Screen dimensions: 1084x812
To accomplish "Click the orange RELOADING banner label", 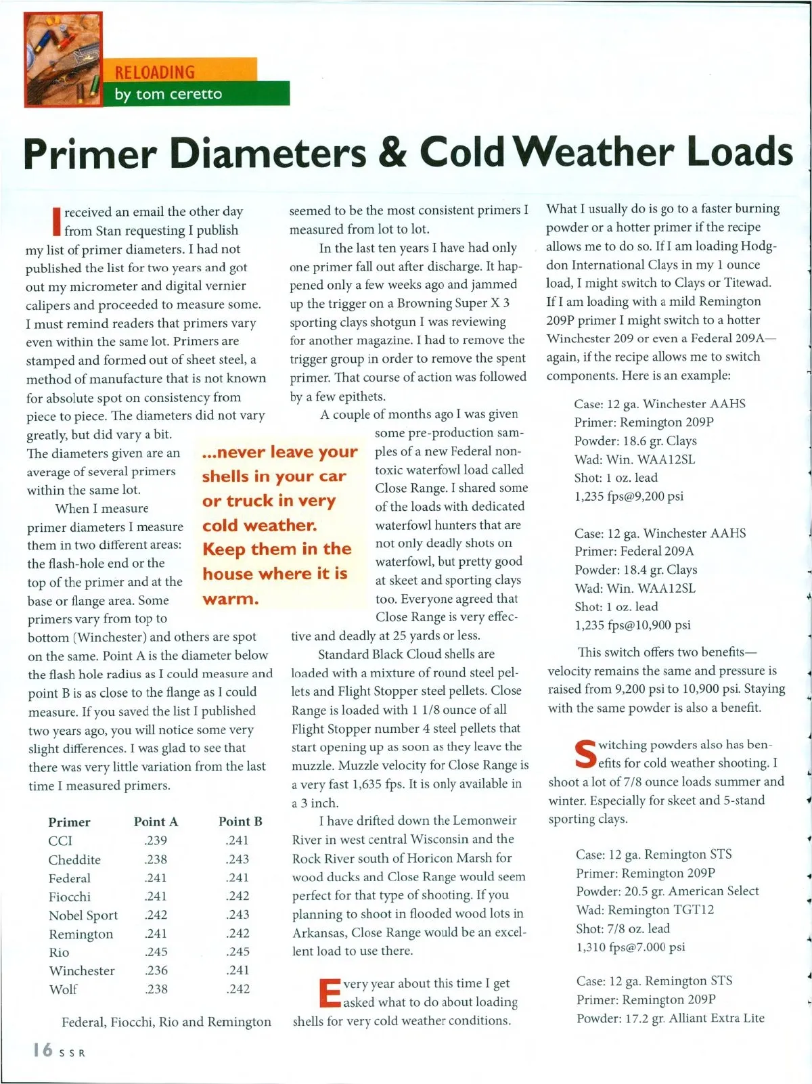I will click(155, 72).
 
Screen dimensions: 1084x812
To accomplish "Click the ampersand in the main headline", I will click(392, 153).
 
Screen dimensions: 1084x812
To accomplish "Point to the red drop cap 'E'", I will click(330, 993).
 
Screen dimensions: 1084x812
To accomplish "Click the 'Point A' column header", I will click(156, 821).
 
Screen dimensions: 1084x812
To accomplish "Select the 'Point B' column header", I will click(240, 821).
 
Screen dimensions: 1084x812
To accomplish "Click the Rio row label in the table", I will click(59, 952).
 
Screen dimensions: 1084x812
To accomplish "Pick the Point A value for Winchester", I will click(156, 970).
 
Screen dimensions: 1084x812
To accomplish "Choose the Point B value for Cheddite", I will click(238, 859).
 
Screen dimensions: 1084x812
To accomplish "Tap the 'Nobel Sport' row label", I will click(83, 915).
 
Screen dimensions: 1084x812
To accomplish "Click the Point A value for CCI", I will click(156, 840).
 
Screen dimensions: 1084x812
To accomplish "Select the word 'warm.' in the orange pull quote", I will click(231, 599).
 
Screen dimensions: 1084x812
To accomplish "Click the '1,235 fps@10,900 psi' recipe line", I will click(633, 625).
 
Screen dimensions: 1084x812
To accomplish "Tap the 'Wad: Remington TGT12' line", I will click(645, 910).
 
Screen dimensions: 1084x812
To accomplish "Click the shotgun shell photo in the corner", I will click(62, 60).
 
